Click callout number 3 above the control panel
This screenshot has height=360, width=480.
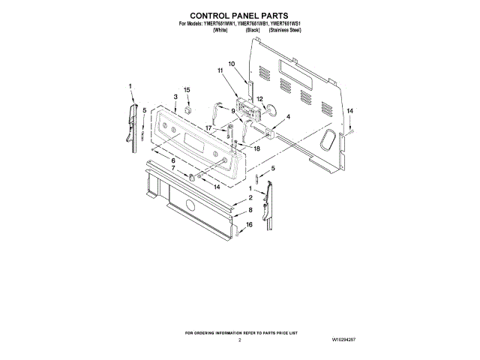pyautogui.click(x=175, y=97)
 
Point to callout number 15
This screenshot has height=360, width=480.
pyautogui.click(x=187, y=90)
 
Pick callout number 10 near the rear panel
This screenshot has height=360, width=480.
pyautogui.click(x=232, y=64)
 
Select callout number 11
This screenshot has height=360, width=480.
pyautogui.click(x=221, y=71)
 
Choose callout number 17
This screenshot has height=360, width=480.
pyautogui.click(x=209, y=128)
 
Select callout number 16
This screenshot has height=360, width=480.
pyautogui.click(x=250, y=224)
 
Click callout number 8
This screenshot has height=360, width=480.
pyautogui.click(x=250, y=211)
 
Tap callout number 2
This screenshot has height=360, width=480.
pyautogui.click(x=250, y=197)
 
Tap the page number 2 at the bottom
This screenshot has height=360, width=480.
pyautogui.click(x=240, y=340)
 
